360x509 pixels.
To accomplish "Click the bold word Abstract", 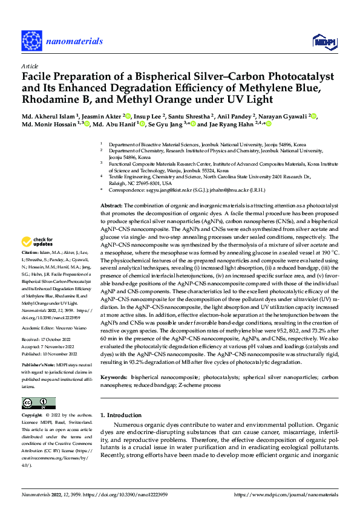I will pos(111,206).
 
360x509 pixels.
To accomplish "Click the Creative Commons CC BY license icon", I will pos(38,403).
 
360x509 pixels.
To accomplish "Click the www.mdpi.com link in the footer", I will pos(296,494).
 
